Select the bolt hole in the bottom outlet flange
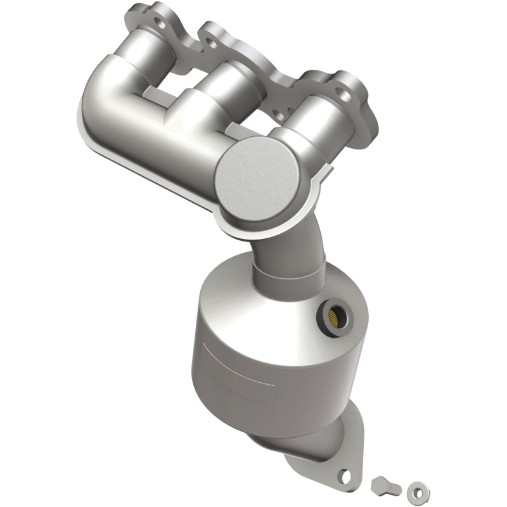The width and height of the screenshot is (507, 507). (344, 473)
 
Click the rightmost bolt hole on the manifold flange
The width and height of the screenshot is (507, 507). (343, 98)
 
